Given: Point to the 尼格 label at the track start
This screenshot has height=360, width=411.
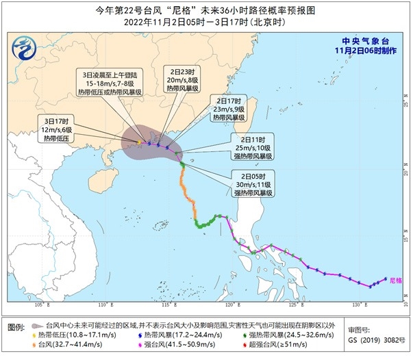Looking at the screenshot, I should point(395,281).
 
